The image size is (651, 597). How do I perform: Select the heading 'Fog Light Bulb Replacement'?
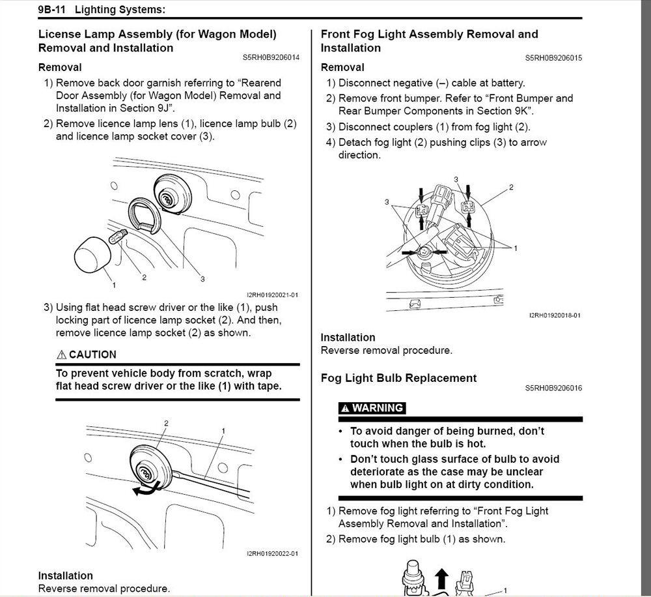click(x=398, y=378)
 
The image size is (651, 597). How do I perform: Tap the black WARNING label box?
click(x=372, y=408)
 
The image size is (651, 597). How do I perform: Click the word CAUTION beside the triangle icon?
click(x=92, y=355)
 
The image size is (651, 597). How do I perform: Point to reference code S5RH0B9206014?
click(x=271, y=58)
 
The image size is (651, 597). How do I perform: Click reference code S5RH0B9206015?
click(x=553, y=58)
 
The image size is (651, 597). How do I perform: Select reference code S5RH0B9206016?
click(x=553, y=388)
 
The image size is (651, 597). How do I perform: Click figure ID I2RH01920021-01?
click(x=272, y=295)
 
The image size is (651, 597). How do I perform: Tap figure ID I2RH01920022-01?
click(x=272, y=554)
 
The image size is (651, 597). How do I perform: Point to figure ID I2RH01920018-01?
click(x=555, y=315)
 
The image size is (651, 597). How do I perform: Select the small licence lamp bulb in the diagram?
click(x=119, y=235)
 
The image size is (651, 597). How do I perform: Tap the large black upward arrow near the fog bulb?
click(x=442, y=578)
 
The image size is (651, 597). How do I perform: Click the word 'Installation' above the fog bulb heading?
click(x=348, y=338)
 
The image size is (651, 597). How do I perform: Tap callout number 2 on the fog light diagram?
click(x=511, y=188)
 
